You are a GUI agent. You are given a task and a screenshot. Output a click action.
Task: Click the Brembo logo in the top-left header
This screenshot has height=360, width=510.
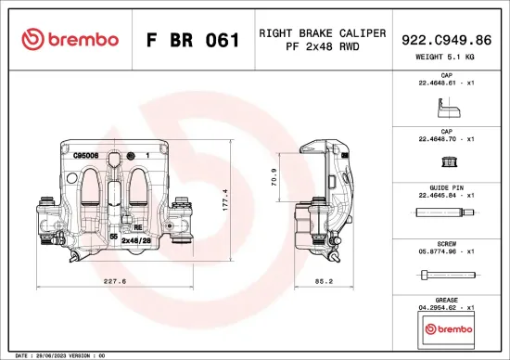click(x=70, y=39)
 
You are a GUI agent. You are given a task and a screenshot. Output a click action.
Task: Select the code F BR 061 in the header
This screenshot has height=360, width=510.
click(x=193, y=40)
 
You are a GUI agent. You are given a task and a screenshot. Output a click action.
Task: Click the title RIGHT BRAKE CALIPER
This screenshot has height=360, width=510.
click(x=322, y=32)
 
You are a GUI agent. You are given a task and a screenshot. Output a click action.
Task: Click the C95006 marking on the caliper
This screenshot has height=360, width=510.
click(x=86, y=157)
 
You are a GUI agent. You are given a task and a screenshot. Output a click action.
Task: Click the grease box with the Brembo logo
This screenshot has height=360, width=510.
click(x=447, y=328)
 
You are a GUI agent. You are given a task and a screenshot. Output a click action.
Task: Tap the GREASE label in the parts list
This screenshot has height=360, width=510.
click(x=447, y=299)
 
